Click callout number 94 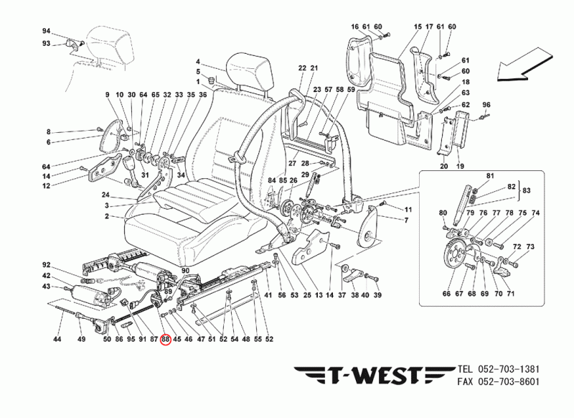click(x=47, y=32)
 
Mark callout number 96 click(x=486, y=105)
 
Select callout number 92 click(x=47, y=264)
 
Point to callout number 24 click(x=105, y=195)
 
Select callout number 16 click(x=354, y=27)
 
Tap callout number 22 click(x=303, y=68)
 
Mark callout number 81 click(x=491, y=176)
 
